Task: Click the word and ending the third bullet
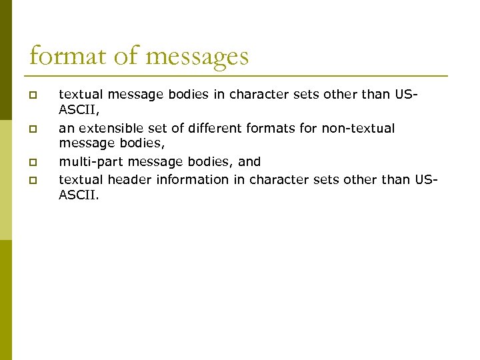pyautogui.click(x=249, y=161)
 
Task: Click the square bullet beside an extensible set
pyautogui.click(x=33, y=128)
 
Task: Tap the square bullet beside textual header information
pyautogui.click(x=33, y=180)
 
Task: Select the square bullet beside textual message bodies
pyautogui.click(x=33, y=94)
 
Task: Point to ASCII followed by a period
pyautogui.click(x=78, y=196)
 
